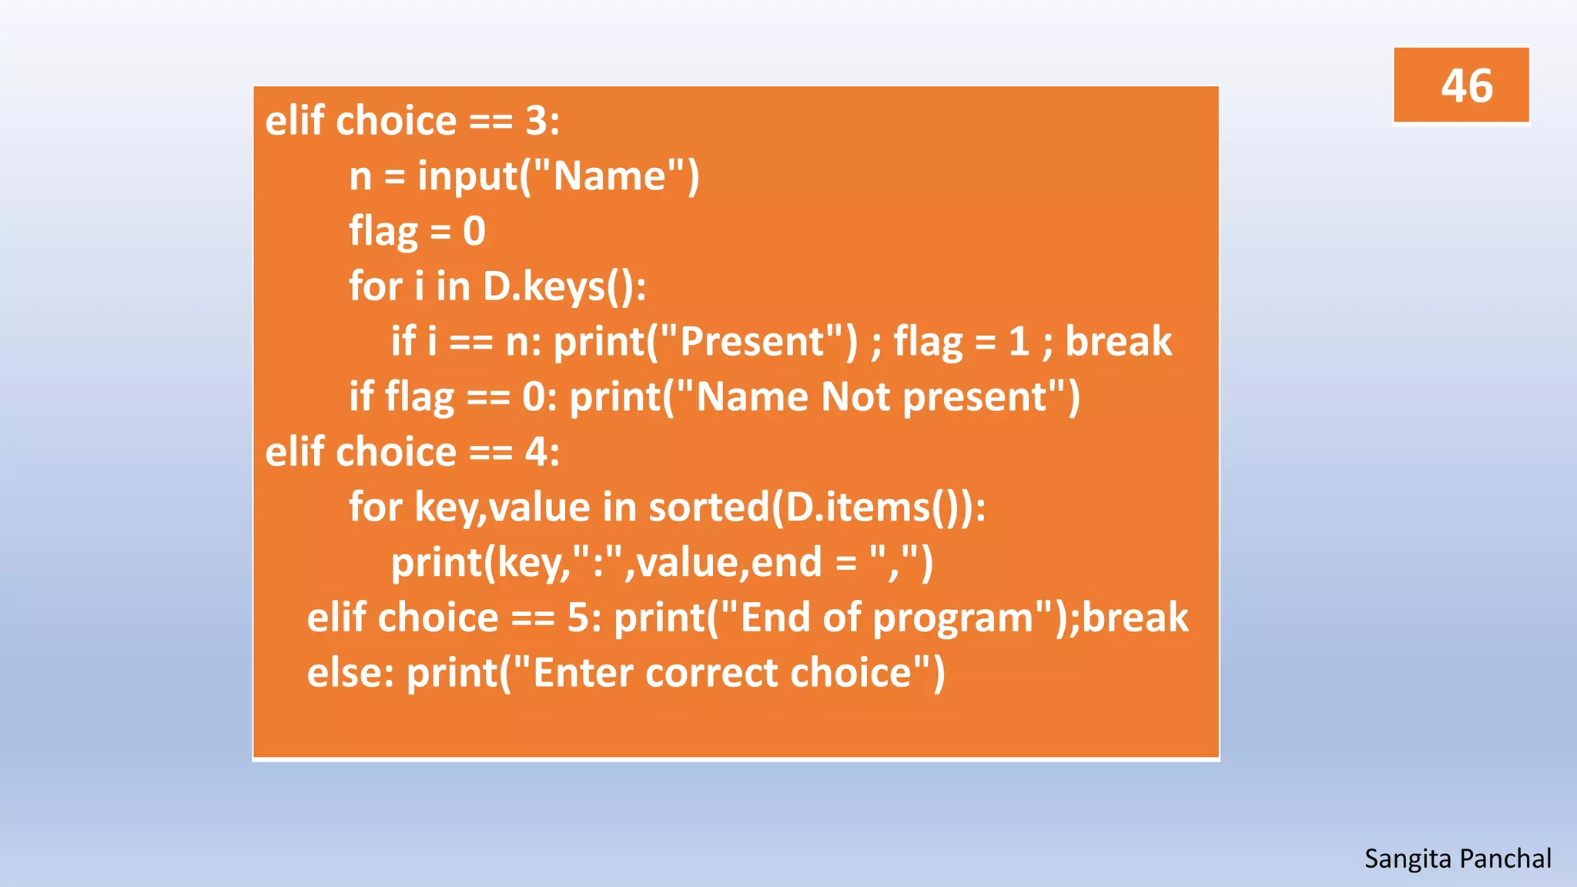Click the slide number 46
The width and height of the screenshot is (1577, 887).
coord(1466,85)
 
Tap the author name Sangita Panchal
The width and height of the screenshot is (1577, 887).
coord(1457,859)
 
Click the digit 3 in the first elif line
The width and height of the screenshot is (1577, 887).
coord(536,122)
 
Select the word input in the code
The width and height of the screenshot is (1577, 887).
coord(467,177)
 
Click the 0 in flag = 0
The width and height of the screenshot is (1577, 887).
coord(474,232)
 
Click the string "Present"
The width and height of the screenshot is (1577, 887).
coord(752,342)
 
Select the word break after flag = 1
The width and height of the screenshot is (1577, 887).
coord(1118,342)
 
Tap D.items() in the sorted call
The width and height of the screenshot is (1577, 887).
coord(875,507)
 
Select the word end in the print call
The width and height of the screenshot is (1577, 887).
coord(786,563)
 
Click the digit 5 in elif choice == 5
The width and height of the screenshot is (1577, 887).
coord(578,618)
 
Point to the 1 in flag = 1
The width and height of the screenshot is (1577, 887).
coord(1019,342)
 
